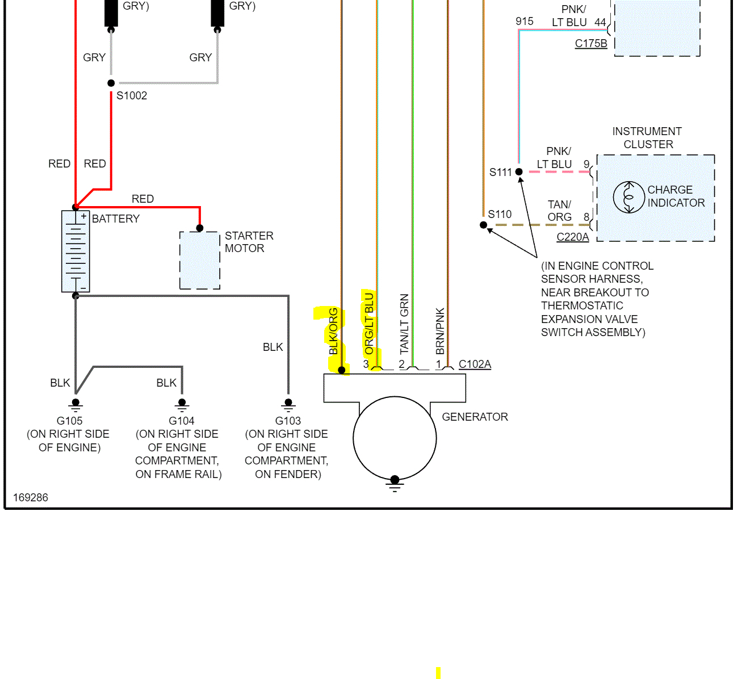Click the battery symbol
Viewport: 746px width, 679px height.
[76, 251]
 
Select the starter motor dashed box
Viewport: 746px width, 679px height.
[200, 260]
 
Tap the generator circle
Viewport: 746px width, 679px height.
[395, 438]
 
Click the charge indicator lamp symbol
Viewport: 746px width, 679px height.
[628, 197]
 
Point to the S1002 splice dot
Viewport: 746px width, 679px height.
[111, 83]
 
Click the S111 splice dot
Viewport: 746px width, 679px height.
[519, 171]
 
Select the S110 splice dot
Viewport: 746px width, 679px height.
[484, 225]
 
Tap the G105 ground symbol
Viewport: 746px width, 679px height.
[76, 405]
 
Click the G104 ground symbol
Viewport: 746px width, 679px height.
[182, 405]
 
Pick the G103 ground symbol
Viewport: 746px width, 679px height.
[288, 405]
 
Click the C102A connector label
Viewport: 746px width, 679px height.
[475, 364]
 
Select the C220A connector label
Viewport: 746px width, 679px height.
[572, 237]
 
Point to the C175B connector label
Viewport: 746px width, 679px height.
[591, 43]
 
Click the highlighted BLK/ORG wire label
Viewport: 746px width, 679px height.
[334, 332]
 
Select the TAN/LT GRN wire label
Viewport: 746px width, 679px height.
[404, 324]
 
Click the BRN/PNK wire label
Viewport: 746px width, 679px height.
[440, 332]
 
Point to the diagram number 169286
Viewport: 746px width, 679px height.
[31, 497]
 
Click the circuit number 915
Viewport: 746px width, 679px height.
[525, 22]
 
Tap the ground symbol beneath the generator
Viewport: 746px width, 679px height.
[395, 484]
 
